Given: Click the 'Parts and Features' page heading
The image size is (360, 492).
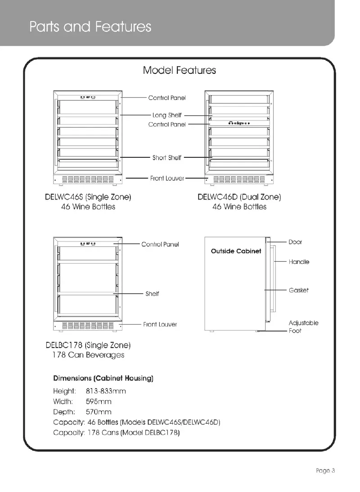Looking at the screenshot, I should (90, 27).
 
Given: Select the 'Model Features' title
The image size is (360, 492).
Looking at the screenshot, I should (179, 70).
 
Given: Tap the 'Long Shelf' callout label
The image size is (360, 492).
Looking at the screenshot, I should (167, 116).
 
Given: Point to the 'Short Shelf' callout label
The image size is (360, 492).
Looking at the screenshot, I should (167, 158).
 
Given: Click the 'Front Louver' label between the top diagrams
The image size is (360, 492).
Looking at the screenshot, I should (167, 179).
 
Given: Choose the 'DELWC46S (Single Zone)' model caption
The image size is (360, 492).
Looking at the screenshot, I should (88, 197).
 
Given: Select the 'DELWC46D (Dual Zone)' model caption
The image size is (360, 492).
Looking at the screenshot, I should (239, 197).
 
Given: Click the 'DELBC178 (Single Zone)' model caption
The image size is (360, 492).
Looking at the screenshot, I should (88, 345).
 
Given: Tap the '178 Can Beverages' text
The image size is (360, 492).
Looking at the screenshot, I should (88, 355).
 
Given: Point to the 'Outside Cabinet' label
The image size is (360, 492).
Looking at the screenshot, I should (236, 251).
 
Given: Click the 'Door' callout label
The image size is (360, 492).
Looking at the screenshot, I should (295, 242).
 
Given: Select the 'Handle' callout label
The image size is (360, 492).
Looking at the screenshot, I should (299, 262).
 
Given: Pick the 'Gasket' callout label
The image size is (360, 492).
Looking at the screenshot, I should (299, 291).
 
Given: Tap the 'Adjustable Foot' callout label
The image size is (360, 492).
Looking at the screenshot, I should (303, 327).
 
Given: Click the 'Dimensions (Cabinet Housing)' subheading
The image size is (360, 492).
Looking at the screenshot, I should (103, 378).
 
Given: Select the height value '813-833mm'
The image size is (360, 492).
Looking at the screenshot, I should (106, 391).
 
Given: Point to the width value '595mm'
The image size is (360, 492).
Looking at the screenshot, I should (98, 402).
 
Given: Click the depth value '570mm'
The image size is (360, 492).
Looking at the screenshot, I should (98, 412).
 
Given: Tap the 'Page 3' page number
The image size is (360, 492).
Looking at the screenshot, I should (325, 471).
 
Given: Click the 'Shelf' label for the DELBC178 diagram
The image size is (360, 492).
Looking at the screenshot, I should (152, 294).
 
